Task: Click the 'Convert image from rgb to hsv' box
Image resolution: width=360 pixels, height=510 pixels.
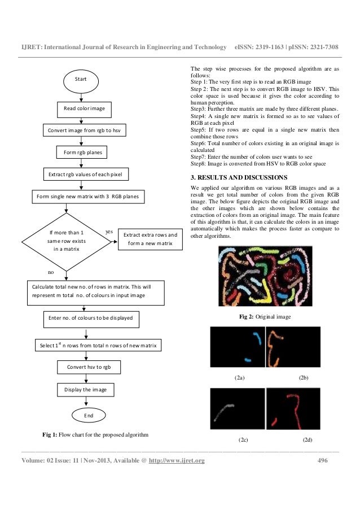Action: pyautogui.click(x=85, y=130)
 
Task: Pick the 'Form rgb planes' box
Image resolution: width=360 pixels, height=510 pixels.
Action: pyautogui.click(x=85, y=152)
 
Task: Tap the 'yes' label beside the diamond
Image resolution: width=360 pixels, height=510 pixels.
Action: pyautogui.click(x=109, y=232)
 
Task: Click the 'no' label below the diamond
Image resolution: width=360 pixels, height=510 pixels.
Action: pyautogui.click(x=50, y=272)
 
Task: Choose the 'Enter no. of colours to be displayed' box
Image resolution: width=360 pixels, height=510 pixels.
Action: pyautogui.click(x=90, y=318)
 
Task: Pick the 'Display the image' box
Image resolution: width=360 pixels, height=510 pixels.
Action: pyautogui.click(x=86, y=390)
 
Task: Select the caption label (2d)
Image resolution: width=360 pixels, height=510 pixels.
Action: pyautogui.click(x=308, y=439)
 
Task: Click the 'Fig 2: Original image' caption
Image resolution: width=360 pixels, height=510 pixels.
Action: pyautogui.click(x=265, y=317)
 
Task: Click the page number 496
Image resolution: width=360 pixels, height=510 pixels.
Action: pyautogui.click(x=323, y=461)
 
